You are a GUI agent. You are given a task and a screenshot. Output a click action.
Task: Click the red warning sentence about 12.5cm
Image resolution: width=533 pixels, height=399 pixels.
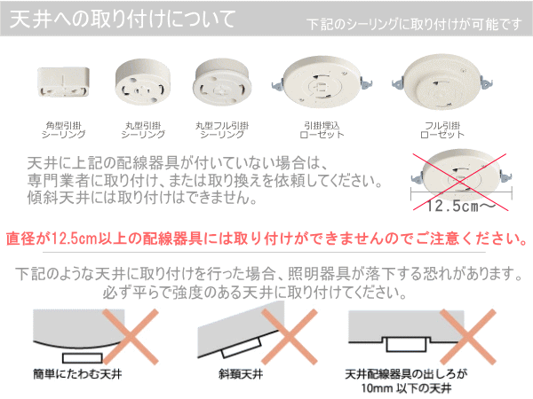(x=266, y=240)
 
